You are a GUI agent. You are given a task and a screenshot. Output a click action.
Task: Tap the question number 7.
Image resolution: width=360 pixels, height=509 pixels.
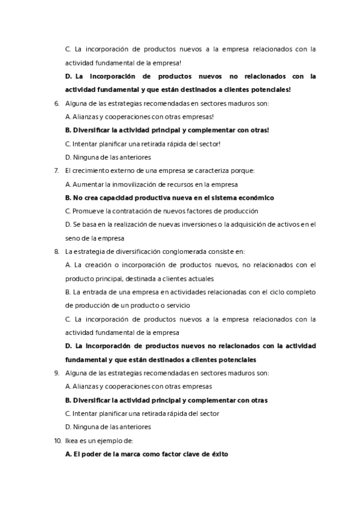tap(56, 170)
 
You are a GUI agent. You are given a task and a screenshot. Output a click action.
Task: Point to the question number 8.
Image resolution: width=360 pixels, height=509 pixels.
tap(56, 251)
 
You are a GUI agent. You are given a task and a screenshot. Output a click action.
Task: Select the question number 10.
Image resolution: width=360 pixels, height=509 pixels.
tap(58, 441)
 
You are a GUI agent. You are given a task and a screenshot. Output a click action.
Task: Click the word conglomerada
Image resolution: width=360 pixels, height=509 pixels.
tap(217, 251)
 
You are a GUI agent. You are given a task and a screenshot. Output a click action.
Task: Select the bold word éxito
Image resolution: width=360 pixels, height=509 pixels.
tap(219, 454)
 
